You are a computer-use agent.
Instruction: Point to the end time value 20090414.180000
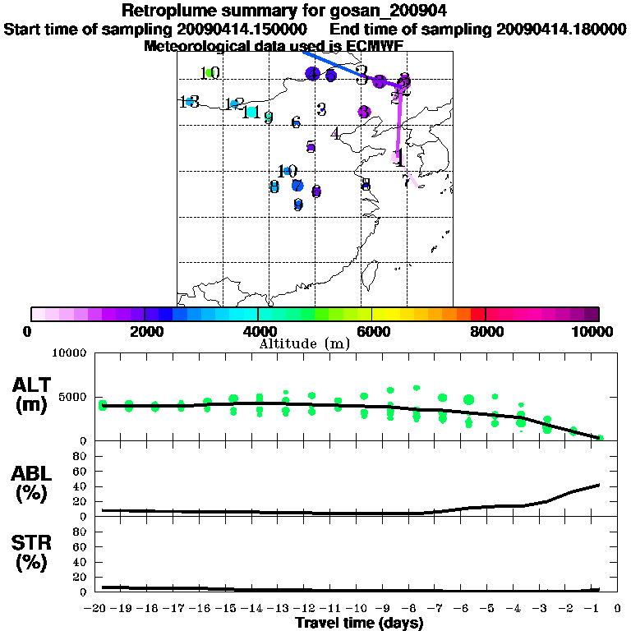pyautogui.click(x=561, y=29)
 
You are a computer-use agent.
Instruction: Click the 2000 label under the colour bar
pyautogui.click(x=144, y=331)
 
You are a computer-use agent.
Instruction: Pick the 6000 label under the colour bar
pyautogui.click(x=371, y=331)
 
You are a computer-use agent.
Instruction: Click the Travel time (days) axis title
pyautogui.click(x=359, y=624)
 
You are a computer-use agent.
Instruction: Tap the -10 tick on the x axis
pyautogui.click(x=362, y=610)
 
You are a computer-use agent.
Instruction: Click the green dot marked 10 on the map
pyautogui.click(x=210, y=73)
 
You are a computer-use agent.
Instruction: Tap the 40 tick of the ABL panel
pyautogui.click(x=81, y=486)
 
